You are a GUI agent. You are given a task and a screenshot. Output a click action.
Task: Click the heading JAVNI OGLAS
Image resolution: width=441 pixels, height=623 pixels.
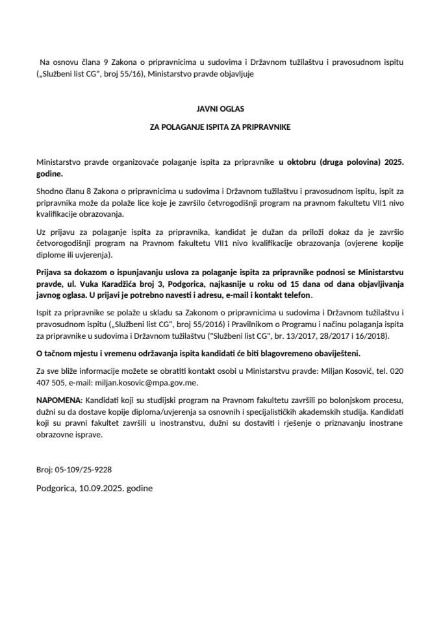[220, 110]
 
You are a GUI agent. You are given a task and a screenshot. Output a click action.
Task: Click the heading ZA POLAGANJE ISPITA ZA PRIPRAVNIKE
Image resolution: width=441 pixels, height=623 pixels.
[220, 128]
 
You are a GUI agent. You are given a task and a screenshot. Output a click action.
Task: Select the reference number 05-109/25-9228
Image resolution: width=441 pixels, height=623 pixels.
[88, 469]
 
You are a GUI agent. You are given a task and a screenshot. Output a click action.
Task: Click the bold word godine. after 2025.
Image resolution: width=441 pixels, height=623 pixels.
[50, 175]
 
